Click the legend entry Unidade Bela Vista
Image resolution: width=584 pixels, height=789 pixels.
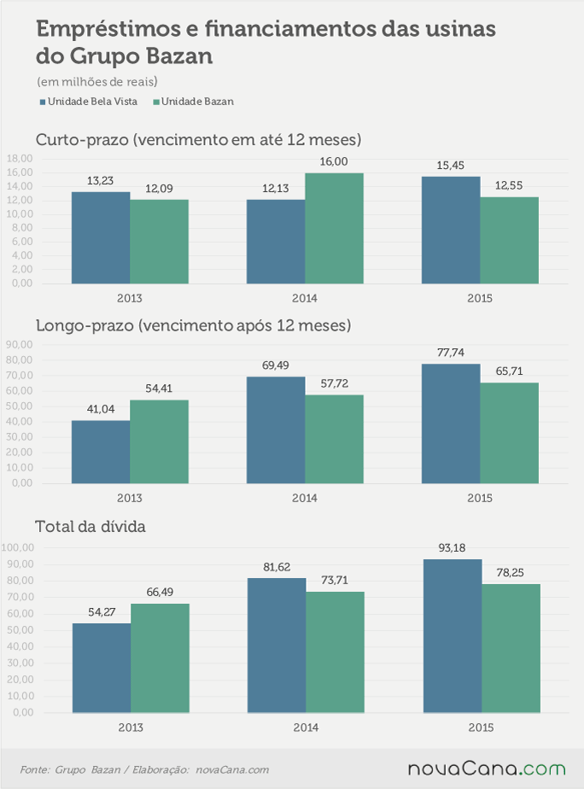[89, 102]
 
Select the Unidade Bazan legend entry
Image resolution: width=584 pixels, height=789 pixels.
[194, 102]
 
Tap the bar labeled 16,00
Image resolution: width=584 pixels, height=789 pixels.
[334, 229]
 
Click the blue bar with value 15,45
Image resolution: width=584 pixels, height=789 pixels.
[451, 230]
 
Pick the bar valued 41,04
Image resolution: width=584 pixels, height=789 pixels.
[101, 452]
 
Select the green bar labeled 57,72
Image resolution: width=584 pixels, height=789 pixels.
[334, 439]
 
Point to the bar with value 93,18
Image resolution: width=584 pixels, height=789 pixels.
[453, 636]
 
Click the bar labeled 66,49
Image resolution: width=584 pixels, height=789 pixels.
[160, 658]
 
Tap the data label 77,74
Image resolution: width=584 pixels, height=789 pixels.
[451, 352]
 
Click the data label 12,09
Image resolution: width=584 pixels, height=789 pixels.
[159, 189]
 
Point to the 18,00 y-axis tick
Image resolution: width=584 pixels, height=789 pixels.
[20, 159]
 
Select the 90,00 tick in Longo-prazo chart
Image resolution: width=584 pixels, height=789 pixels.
[19, 345]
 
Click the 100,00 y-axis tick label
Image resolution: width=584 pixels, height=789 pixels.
[18, 547]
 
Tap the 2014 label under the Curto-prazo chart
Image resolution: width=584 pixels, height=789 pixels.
[305, 298]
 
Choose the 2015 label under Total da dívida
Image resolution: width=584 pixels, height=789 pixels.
[481, 728]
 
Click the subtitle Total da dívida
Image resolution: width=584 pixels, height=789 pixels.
[91, 527]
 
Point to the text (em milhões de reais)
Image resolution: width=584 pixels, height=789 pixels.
[97, 81]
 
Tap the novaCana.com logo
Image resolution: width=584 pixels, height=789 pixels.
[487, 769]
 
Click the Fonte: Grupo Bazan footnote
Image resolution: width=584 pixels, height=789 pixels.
[70, 770]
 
